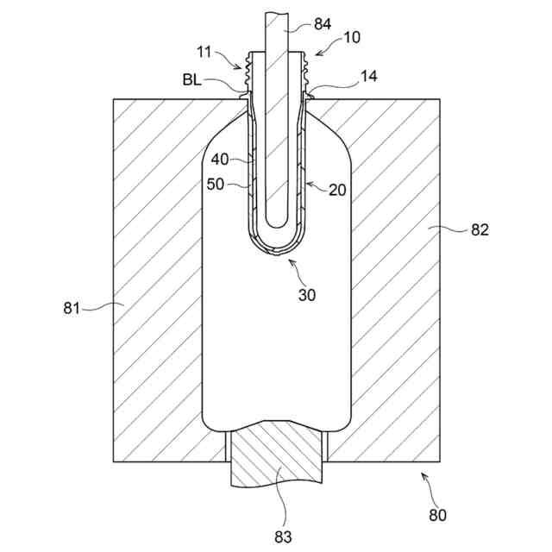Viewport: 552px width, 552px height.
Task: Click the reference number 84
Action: pos(321,24)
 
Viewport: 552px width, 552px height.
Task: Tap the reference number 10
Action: pos(329,38)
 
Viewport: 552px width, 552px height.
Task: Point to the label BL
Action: pos(192,79)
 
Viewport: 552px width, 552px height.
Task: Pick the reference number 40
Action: pos(220,159)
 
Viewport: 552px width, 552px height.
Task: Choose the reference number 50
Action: pos(216,184)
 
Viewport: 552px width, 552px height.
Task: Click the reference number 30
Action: pos(306,294)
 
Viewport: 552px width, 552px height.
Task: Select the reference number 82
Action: pos(479,230)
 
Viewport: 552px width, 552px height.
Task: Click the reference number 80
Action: pos(437,516)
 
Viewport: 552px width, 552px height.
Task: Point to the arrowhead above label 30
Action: pos(290,258)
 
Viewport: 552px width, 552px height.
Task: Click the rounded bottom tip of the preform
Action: pos(275,250)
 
